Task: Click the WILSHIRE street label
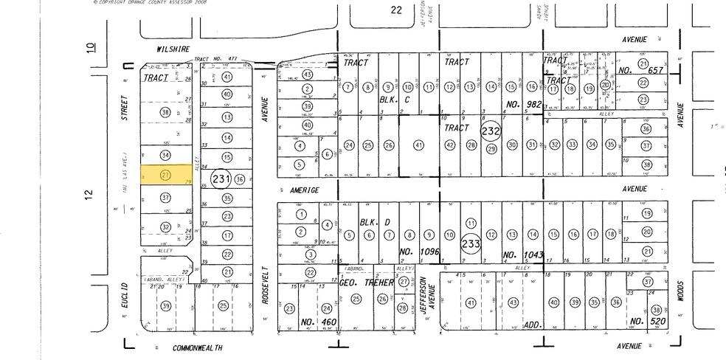pyautogui.click(x=173, y=49)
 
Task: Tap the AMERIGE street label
pyautogui.click(x=303, y=190)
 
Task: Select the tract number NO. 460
pyautogui.click(x=308, y=322)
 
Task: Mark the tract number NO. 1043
pyautogui.click(x=523, y=255)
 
